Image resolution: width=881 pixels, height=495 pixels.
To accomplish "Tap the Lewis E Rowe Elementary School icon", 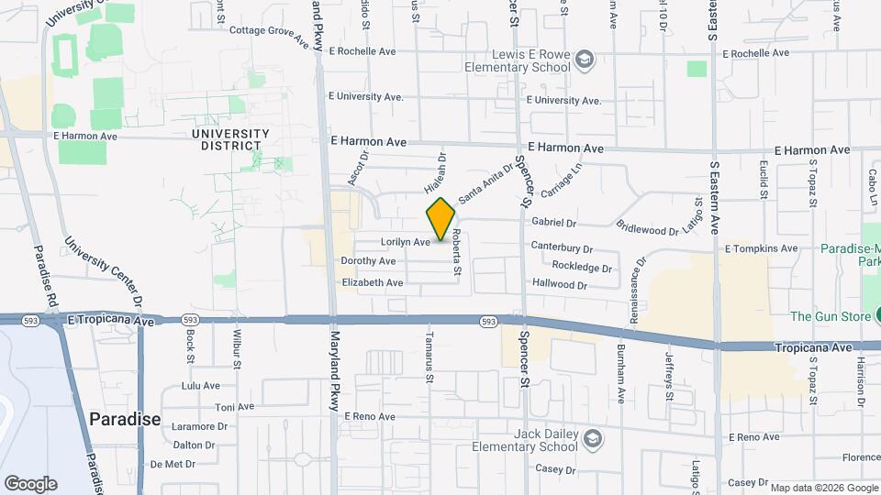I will point(585,61).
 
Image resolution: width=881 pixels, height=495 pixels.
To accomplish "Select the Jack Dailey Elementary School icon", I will point(592,438).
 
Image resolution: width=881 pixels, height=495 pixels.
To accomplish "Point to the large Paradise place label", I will point(125,419).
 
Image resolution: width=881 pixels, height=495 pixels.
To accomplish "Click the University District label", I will point(230,139).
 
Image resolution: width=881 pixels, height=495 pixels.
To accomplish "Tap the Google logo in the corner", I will point(30,483).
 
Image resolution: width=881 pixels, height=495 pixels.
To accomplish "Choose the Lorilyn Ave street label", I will point(405,242).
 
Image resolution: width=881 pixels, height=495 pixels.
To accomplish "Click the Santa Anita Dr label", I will point(486,182).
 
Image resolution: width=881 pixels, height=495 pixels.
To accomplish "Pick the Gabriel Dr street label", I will point(553,223).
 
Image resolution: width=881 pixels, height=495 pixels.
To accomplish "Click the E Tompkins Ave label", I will point(761,248).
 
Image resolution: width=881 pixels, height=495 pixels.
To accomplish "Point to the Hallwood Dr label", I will point(559,285).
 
